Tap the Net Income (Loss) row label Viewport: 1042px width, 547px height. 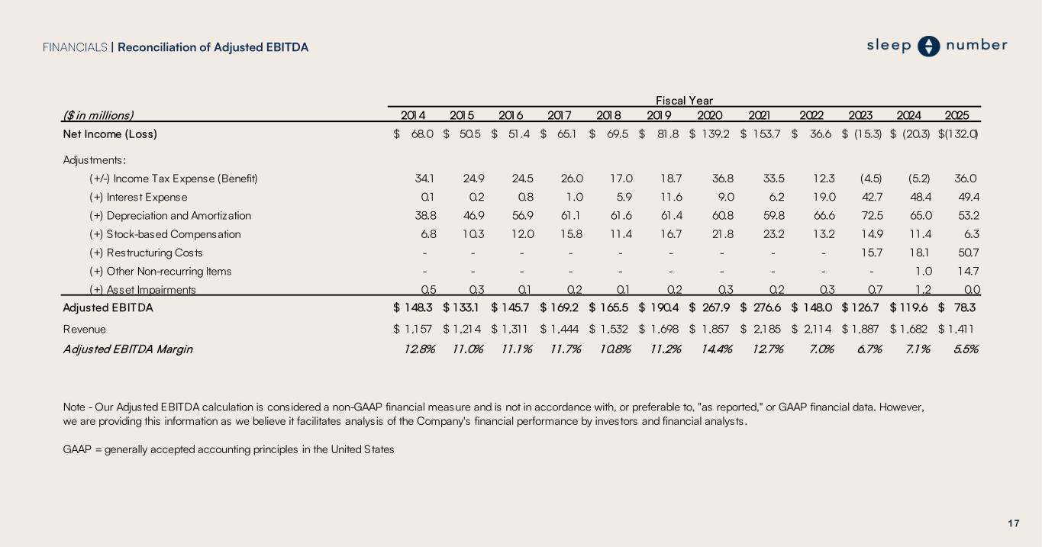110,134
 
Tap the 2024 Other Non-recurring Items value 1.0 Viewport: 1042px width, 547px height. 921,271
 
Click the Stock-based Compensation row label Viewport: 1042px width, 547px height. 165,234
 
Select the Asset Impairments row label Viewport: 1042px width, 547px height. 143,289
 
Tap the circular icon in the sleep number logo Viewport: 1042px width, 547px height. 928,47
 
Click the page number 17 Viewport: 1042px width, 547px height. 1014,523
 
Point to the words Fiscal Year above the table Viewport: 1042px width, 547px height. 685,100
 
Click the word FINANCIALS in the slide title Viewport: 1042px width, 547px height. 75,47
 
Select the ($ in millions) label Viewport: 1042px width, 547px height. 98,115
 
